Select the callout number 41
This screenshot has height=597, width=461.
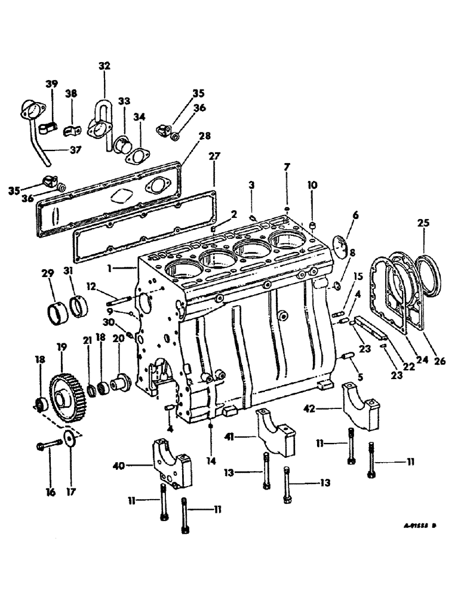tap(244, 436)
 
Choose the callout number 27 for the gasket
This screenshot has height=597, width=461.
tap(213, 156)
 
